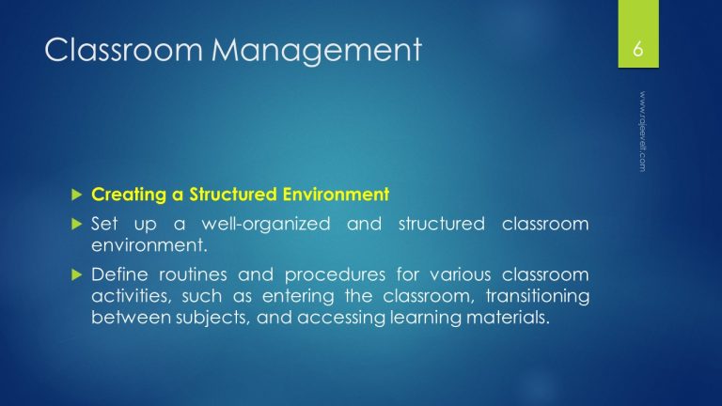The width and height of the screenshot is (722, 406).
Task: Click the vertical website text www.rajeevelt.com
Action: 643,132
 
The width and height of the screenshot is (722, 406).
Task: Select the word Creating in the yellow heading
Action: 124,195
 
